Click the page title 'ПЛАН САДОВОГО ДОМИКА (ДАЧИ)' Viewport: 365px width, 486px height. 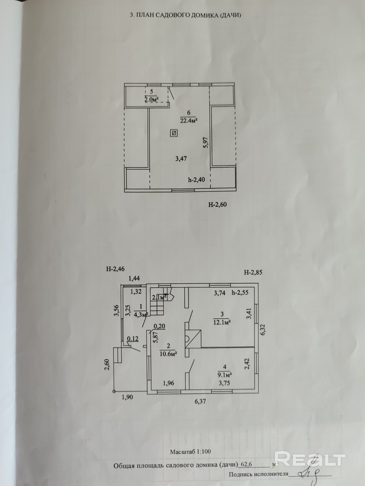tap(189, 15)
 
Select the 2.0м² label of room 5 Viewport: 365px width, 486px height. tap(151, 99)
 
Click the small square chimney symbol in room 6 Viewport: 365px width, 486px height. tap(174, 133)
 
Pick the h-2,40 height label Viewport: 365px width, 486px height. tap(196, 180)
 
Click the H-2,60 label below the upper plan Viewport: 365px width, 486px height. tap(217, 205)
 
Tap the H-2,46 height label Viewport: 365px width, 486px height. tap(115, 269)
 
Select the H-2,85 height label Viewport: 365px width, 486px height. tap(253, 272)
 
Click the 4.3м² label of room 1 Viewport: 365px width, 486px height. tap(141, 315)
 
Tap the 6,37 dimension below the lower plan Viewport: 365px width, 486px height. tap(200, 401)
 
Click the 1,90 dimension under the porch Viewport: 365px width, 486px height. tap(127, 397)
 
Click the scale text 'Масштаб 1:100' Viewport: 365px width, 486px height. tap(190, 451)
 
